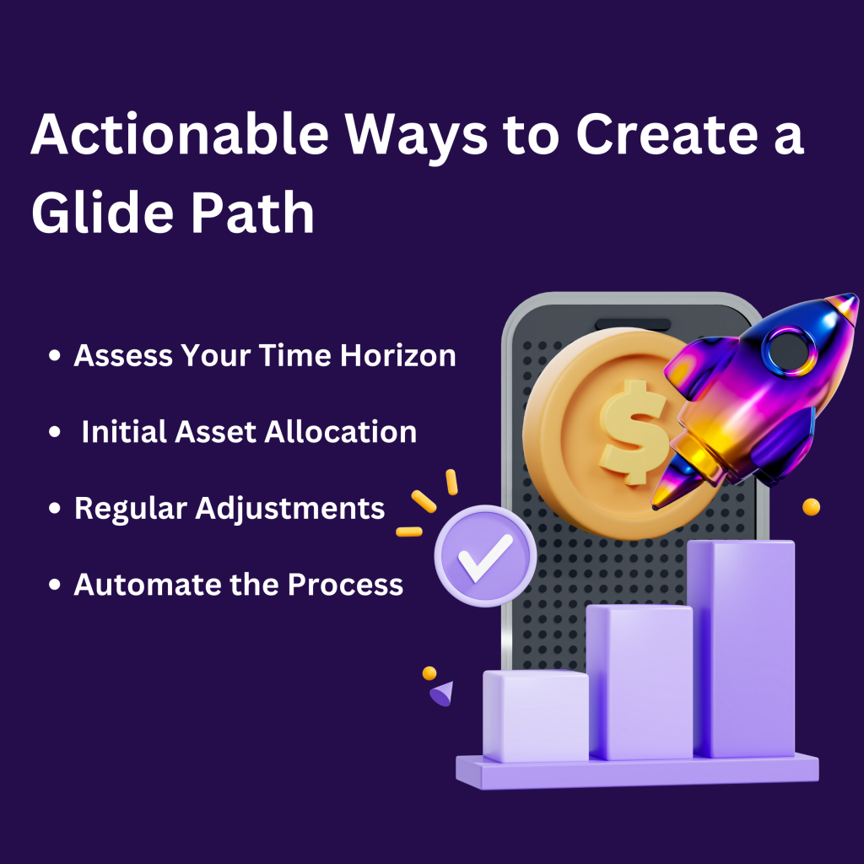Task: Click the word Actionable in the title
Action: click(180, 133)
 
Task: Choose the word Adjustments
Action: click(290, 509)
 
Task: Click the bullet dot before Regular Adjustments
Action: click(55, 508)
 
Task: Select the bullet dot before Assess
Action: click(55, 355)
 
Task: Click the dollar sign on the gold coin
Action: click(634, 433)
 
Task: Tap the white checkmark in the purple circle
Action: click(485, 557)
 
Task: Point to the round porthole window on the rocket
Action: click(791, 352)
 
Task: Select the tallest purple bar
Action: click(742, 649)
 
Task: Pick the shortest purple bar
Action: click(536, 715)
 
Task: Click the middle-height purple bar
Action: click(640, 682)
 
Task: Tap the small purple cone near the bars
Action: click(442, 694)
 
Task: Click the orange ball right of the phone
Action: click(811, 507)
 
